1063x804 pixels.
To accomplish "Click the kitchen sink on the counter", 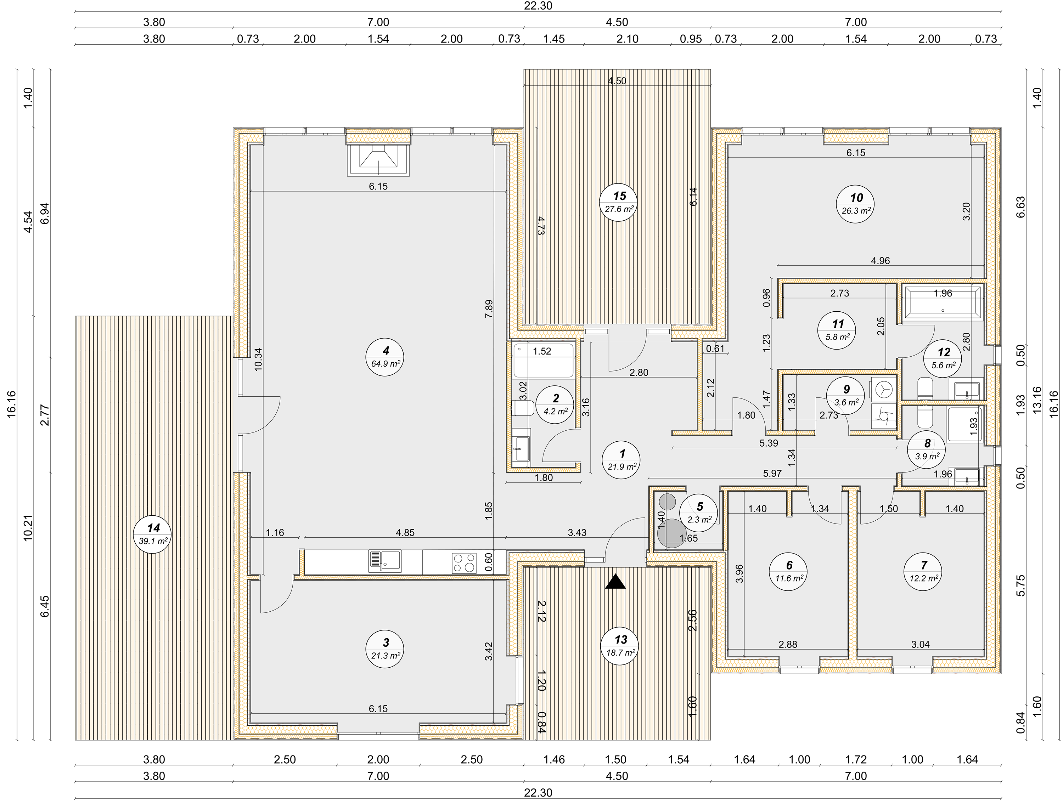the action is pos(385,561).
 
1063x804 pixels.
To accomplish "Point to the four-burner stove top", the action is pos(464,563).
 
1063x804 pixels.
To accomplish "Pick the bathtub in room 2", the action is pos(544,360).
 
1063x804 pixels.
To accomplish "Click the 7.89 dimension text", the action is pos(489,309).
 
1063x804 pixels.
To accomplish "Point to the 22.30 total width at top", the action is pos(538,6).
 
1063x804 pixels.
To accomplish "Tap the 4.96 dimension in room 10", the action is pos(881,261).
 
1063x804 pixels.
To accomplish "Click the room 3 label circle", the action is pos(385,649).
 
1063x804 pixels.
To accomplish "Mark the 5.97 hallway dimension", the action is pos(772,474).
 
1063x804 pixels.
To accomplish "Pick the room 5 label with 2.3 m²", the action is pos(699,513).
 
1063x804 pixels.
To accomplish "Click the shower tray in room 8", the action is pos(964,425).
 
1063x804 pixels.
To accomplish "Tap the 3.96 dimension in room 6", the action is pos(739,573).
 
